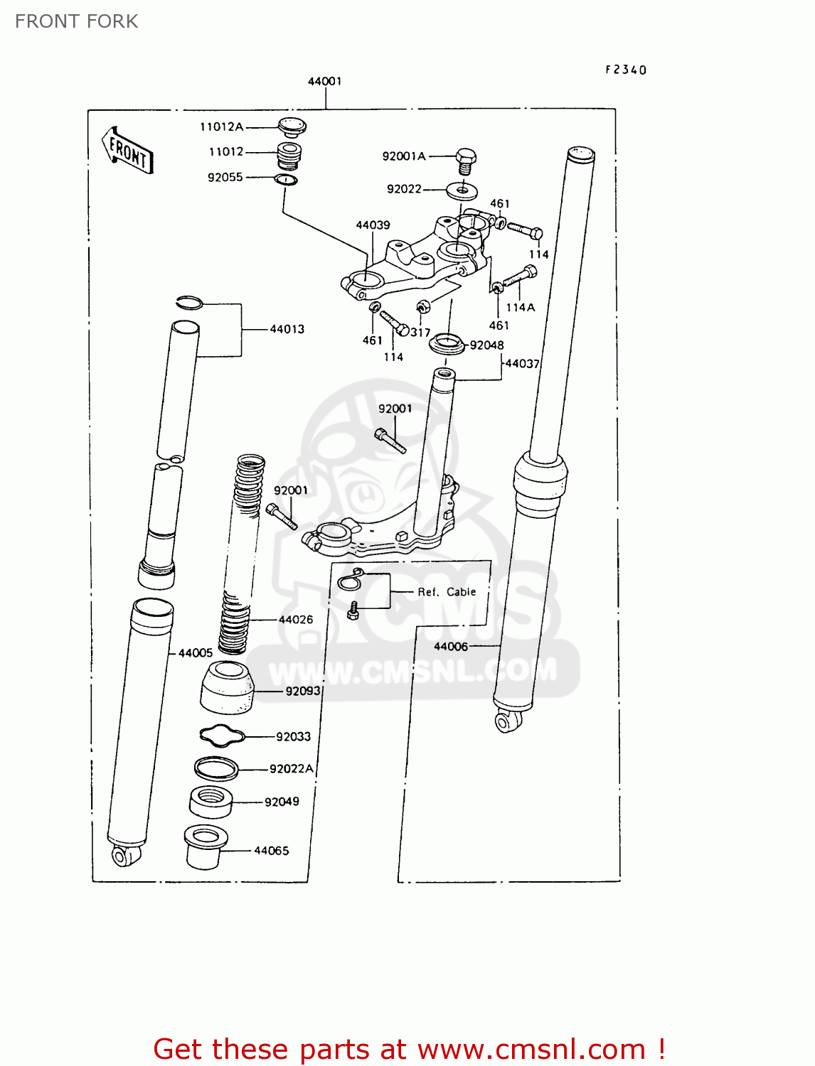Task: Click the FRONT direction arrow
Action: point(129,150)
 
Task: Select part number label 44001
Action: point(324,81)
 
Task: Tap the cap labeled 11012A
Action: point(292,127)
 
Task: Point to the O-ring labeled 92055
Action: point(286,179)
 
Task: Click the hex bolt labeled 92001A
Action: point(465,161)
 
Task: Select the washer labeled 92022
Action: point(462,190)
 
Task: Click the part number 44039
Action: point(373,225)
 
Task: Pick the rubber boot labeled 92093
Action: point(227,687)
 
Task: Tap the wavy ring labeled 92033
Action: point(222,736)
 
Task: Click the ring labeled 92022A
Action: point(216,768)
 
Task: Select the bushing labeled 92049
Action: point(211,802)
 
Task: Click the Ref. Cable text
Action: point(447,591)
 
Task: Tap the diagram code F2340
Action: point(626,70)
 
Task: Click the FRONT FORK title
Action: point(76,21)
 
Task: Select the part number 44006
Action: point(451,646)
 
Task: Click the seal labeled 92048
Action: point(446,345)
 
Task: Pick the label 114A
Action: point(520,307)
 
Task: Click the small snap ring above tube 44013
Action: point(190,302)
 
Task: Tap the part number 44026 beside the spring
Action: point(296,619)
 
